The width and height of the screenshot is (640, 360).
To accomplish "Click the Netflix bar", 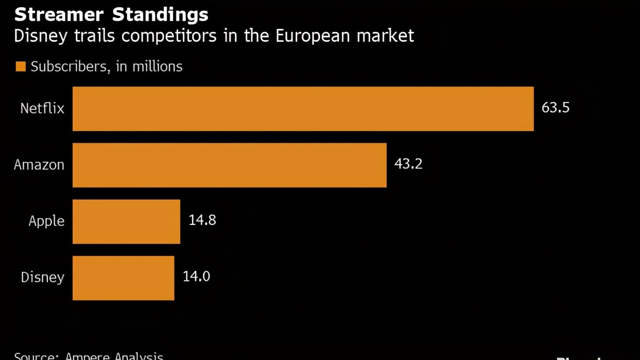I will (303, 109).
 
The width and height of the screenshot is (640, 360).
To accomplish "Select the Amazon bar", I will (229, 165).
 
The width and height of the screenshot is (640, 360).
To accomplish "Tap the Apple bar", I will (126, 221).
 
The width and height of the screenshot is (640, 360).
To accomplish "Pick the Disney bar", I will (123, 277).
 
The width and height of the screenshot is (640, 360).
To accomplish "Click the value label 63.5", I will (555, 108).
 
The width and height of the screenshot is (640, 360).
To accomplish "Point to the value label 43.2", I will (408, 164).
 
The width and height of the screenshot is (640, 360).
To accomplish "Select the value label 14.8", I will (202, 220).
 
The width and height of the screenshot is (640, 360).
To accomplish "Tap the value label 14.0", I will (196, 276).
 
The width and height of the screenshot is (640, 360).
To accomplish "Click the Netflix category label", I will (42, 108).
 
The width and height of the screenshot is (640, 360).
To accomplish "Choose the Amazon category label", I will (39, 165).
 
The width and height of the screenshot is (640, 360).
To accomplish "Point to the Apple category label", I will (46, 221).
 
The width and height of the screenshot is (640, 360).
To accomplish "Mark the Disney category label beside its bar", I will (42, 277).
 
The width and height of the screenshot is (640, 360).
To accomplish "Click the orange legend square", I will (21, 67).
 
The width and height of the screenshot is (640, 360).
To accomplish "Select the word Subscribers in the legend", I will (69, 67).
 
